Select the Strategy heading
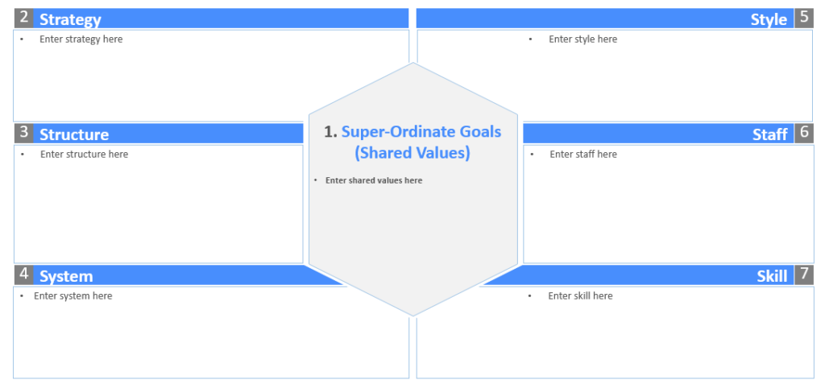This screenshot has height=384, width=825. coord(70,19)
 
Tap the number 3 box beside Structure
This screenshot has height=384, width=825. coord(24,134)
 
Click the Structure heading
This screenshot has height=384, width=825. coord(74,134)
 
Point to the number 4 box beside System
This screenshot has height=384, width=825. coord(24,275)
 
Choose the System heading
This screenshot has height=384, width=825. coord(66,276)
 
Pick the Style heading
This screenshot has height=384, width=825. coord(769,19)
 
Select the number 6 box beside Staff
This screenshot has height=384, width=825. coord(804,134)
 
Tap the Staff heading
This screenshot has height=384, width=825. coord(770,134)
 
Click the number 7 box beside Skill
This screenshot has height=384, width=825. coord(804,275)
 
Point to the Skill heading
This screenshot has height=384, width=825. coord(772,276)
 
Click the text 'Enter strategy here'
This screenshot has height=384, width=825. coord(81,39)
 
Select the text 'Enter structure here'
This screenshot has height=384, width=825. coord(84,154)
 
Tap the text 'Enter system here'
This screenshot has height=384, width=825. coord(73,295)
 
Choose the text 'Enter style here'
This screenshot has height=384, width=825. coord(582,39)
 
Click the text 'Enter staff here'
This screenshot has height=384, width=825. coord(583,154)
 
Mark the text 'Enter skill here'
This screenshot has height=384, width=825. coord(580,295)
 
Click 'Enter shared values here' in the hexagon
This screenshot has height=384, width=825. coord(374,180)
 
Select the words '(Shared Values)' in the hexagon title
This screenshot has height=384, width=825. coord(412,152)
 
